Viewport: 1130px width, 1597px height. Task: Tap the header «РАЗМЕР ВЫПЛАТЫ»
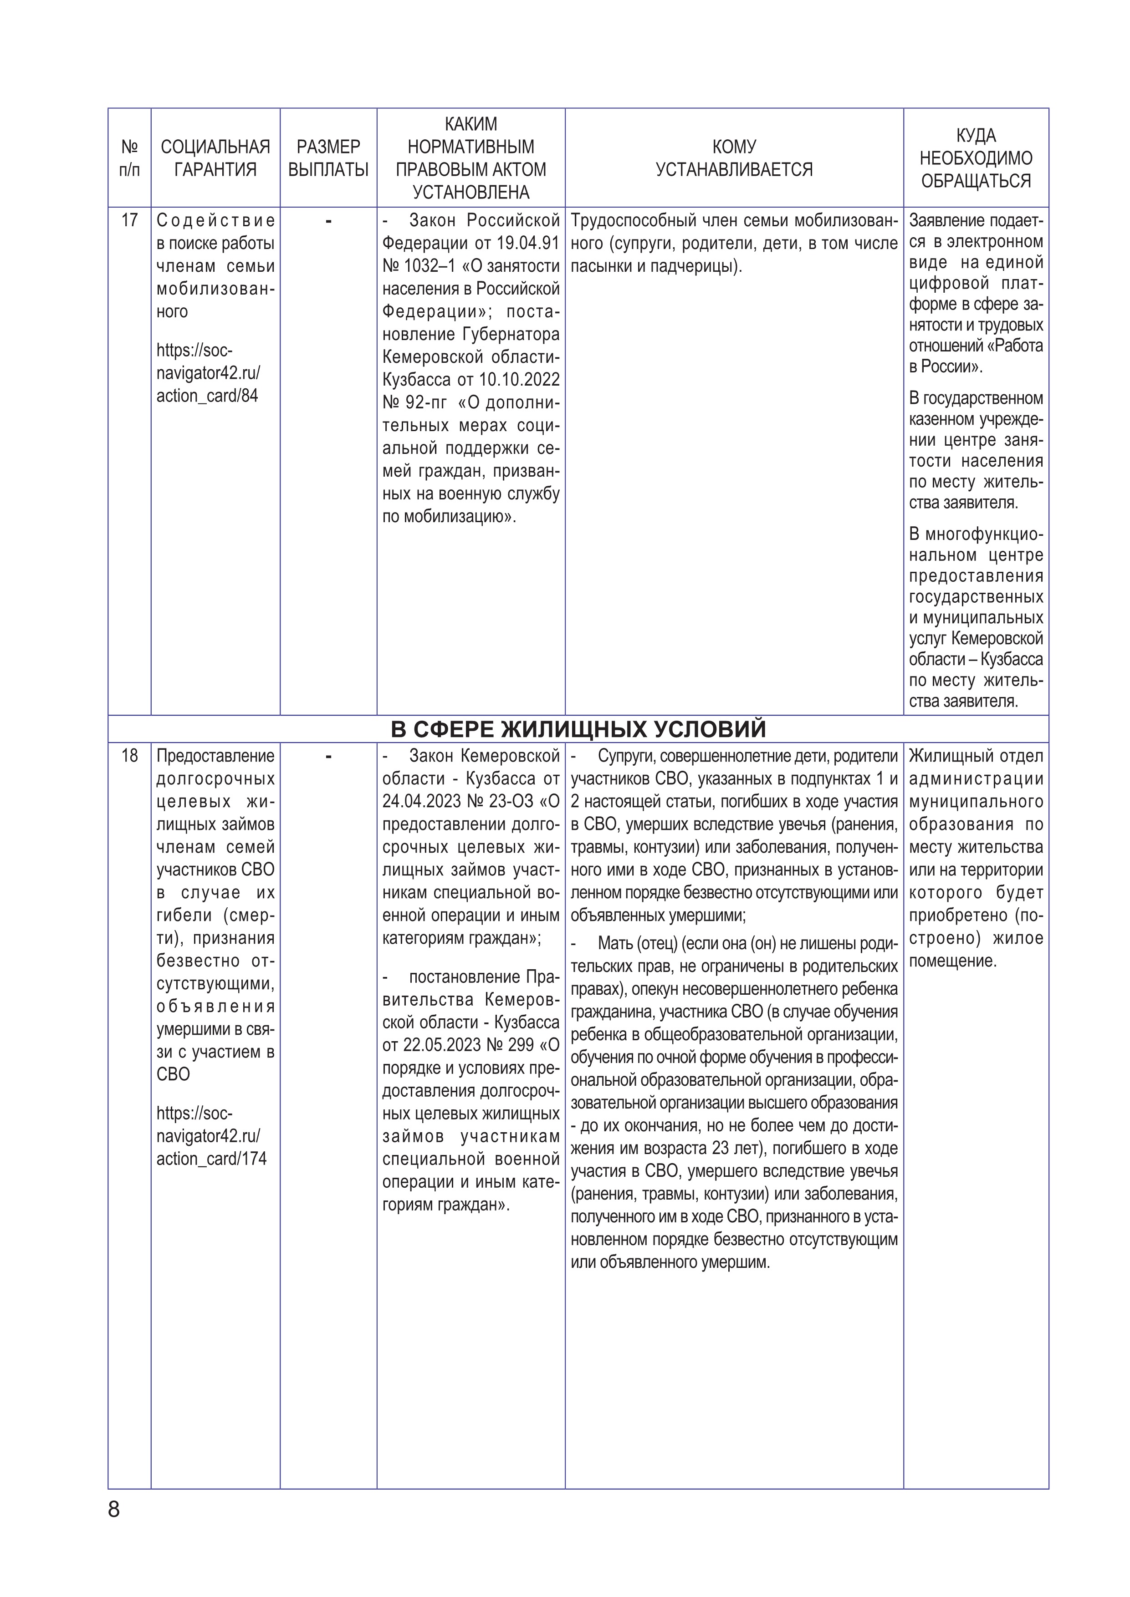(328, 158)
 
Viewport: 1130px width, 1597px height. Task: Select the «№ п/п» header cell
(129, 158)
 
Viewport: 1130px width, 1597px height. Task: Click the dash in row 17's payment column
(328, 221)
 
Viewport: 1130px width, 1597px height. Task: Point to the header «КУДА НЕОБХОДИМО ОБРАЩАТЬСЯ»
(976, 158)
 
